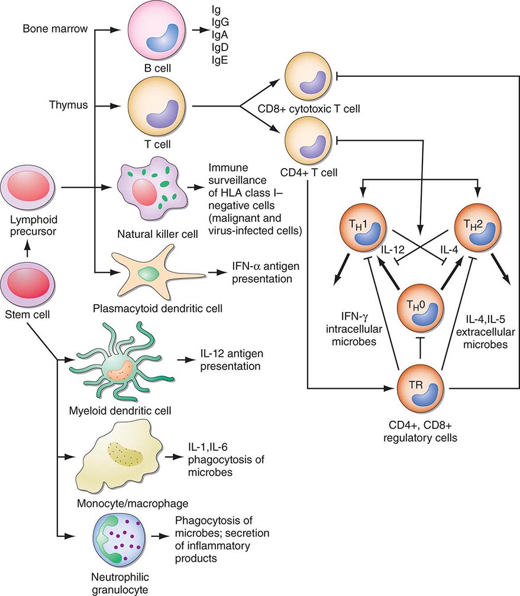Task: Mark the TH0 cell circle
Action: (419, 308)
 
